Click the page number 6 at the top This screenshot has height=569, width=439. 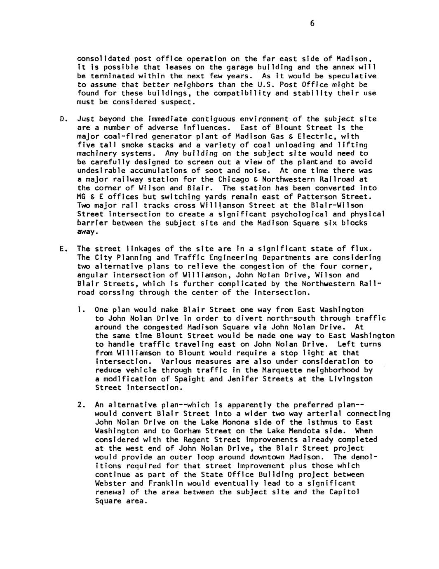pyautogui.click(x=312, y=24)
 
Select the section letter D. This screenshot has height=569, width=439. pyautogui.click(x=62, y=119)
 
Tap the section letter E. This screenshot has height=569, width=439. pyautogui.click(x=62, y=249)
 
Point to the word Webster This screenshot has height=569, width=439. pyautogui.click(x=110, y=483)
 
